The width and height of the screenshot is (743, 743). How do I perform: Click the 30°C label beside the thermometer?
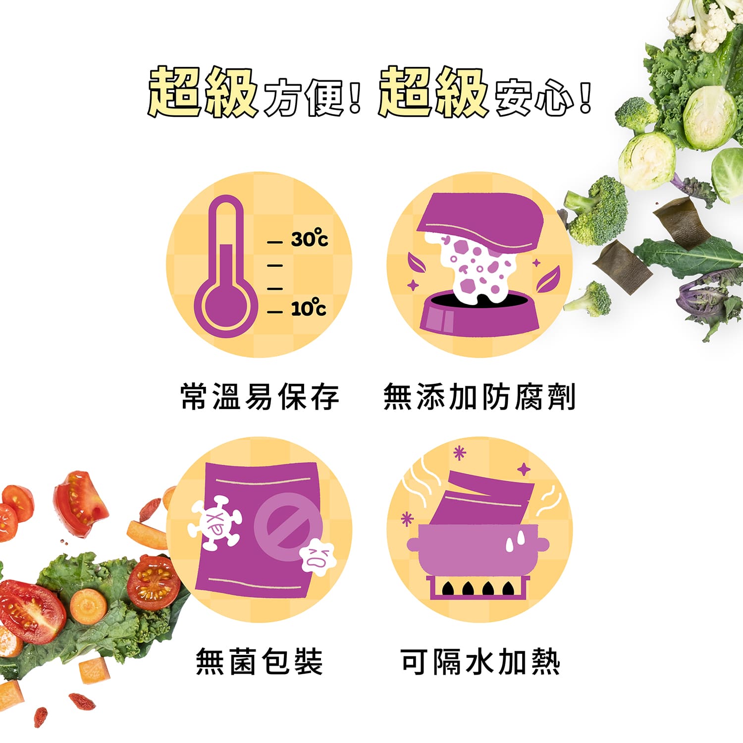pyautogui.click(x=309, y=239)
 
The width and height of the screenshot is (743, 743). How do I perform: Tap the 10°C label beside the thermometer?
pyautogui.click(x=308, y=308)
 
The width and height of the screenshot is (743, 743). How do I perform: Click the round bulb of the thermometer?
pyautogui.click(x=225, y=307)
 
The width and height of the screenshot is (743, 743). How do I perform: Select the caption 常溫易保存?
pyautogui.click(x=260, y=397)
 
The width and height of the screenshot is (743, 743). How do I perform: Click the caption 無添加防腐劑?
pyautogui.click(x=479, y=397)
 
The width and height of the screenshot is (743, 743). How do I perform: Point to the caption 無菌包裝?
pyautogui.click(x=260, y=661)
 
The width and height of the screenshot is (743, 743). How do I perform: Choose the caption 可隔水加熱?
pyautogui.click(x=480, y=661)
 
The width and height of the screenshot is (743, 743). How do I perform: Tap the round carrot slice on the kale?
pyautogui.click(x=88, y=605)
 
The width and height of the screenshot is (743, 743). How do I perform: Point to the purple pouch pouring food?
pyautogui.click(x=480, y=218)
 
